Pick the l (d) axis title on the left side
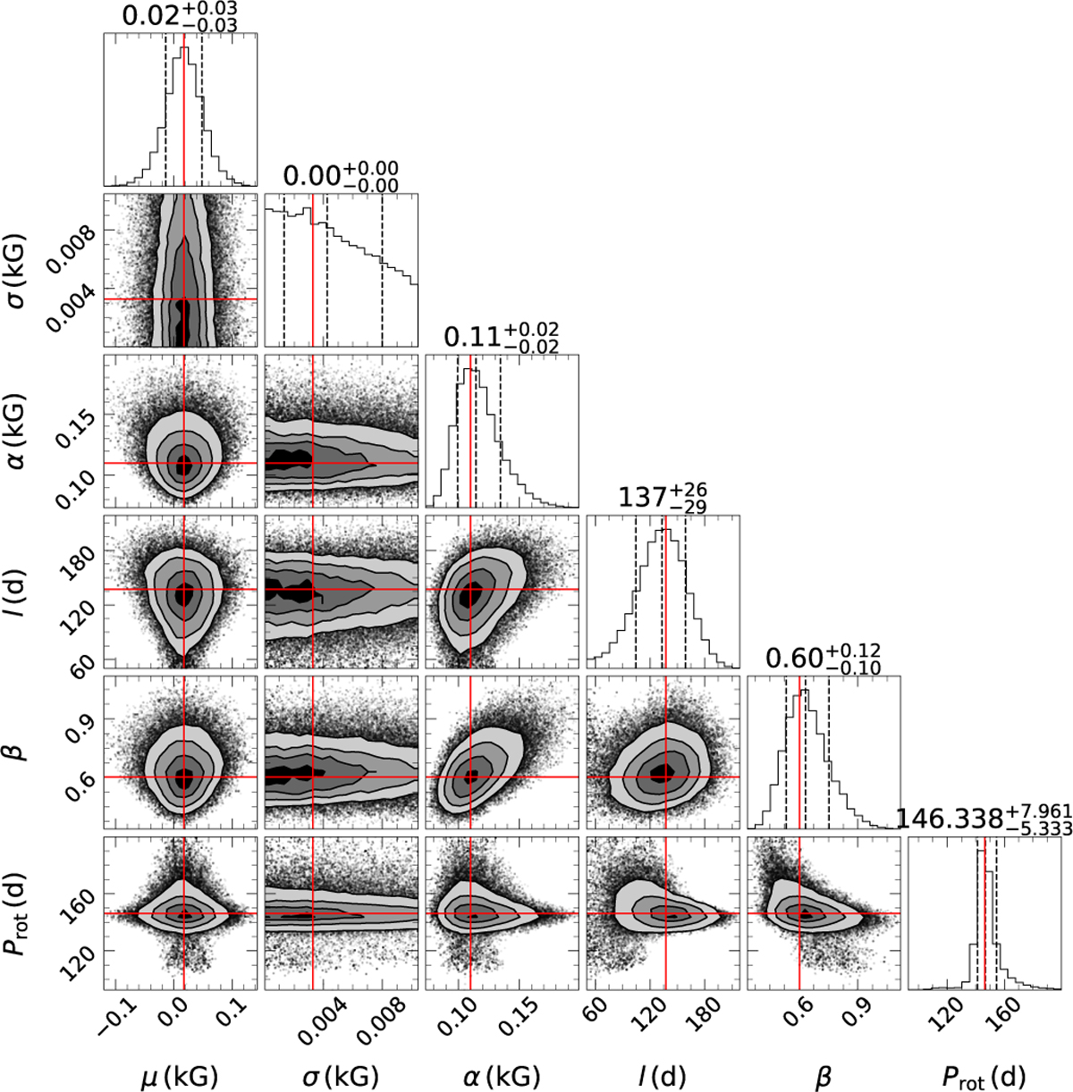point(20,589)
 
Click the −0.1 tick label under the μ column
point(114,1014)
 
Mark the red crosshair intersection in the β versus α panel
point(470,777)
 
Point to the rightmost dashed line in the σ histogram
point(383,268)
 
